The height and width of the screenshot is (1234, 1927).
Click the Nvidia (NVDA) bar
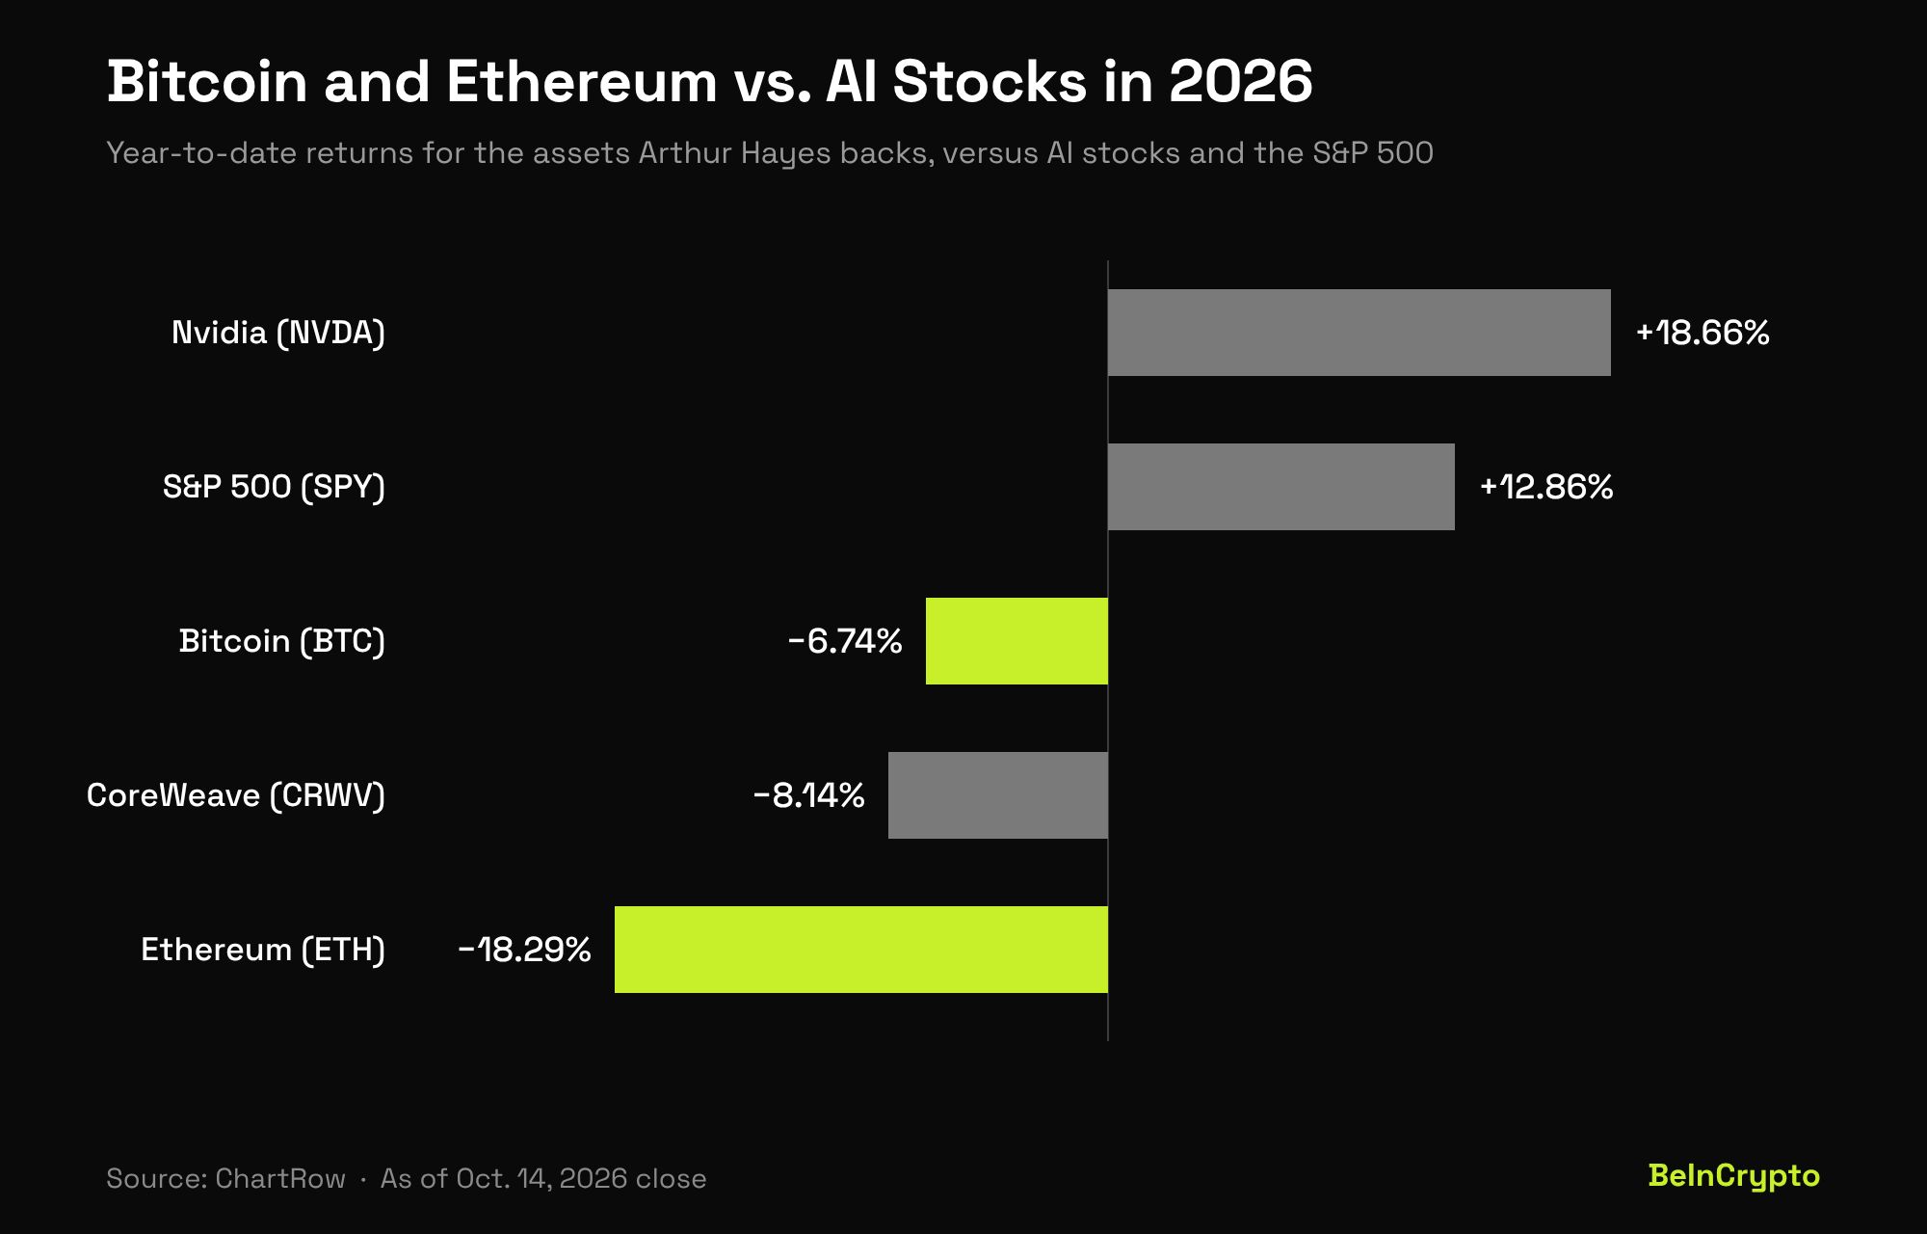pos(1359,333)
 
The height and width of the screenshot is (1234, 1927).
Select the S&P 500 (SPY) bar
pos(1281,487)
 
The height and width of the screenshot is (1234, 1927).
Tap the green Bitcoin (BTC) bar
pos(1016,641)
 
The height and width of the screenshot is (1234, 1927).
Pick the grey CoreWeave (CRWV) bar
pos(998,795)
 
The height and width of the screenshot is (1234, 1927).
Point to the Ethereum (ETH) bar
pos(861,950)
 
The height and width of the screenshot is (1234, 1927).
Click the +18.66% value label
pos(1703,333)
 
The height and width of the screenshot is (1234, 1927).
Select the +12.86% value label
pos(1546,487)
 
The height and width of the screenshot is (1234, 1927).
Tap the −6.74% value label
pos(845,641)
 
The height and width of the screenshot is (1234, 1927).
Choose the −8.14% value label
pos(809,795)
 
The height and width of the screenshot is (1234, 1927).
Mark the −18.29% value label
pos(525,950)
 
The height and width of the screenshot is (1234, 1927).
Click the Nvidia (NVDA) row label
pos(278,333)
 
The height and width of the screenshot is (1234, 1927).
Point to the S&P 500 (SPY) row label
pos(274,487)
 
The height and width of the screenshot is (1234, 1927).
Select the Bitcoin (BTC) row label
pos(282,641)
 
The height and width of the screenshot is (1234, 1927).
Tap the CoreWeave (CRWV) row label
pos(236,795)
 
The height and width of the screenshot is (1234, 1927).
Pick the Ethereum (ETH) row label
pos(263,950)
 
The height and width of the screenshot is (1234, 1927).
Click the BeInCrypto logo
pos(1733,1176)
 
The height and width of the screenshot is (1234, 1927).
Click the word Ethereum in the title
pos(582,81)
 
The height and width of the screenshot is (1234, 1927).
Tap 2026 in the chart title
pos(1241,81)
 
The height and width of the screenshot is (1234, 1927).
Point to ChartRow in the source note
pos(280,1178)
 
